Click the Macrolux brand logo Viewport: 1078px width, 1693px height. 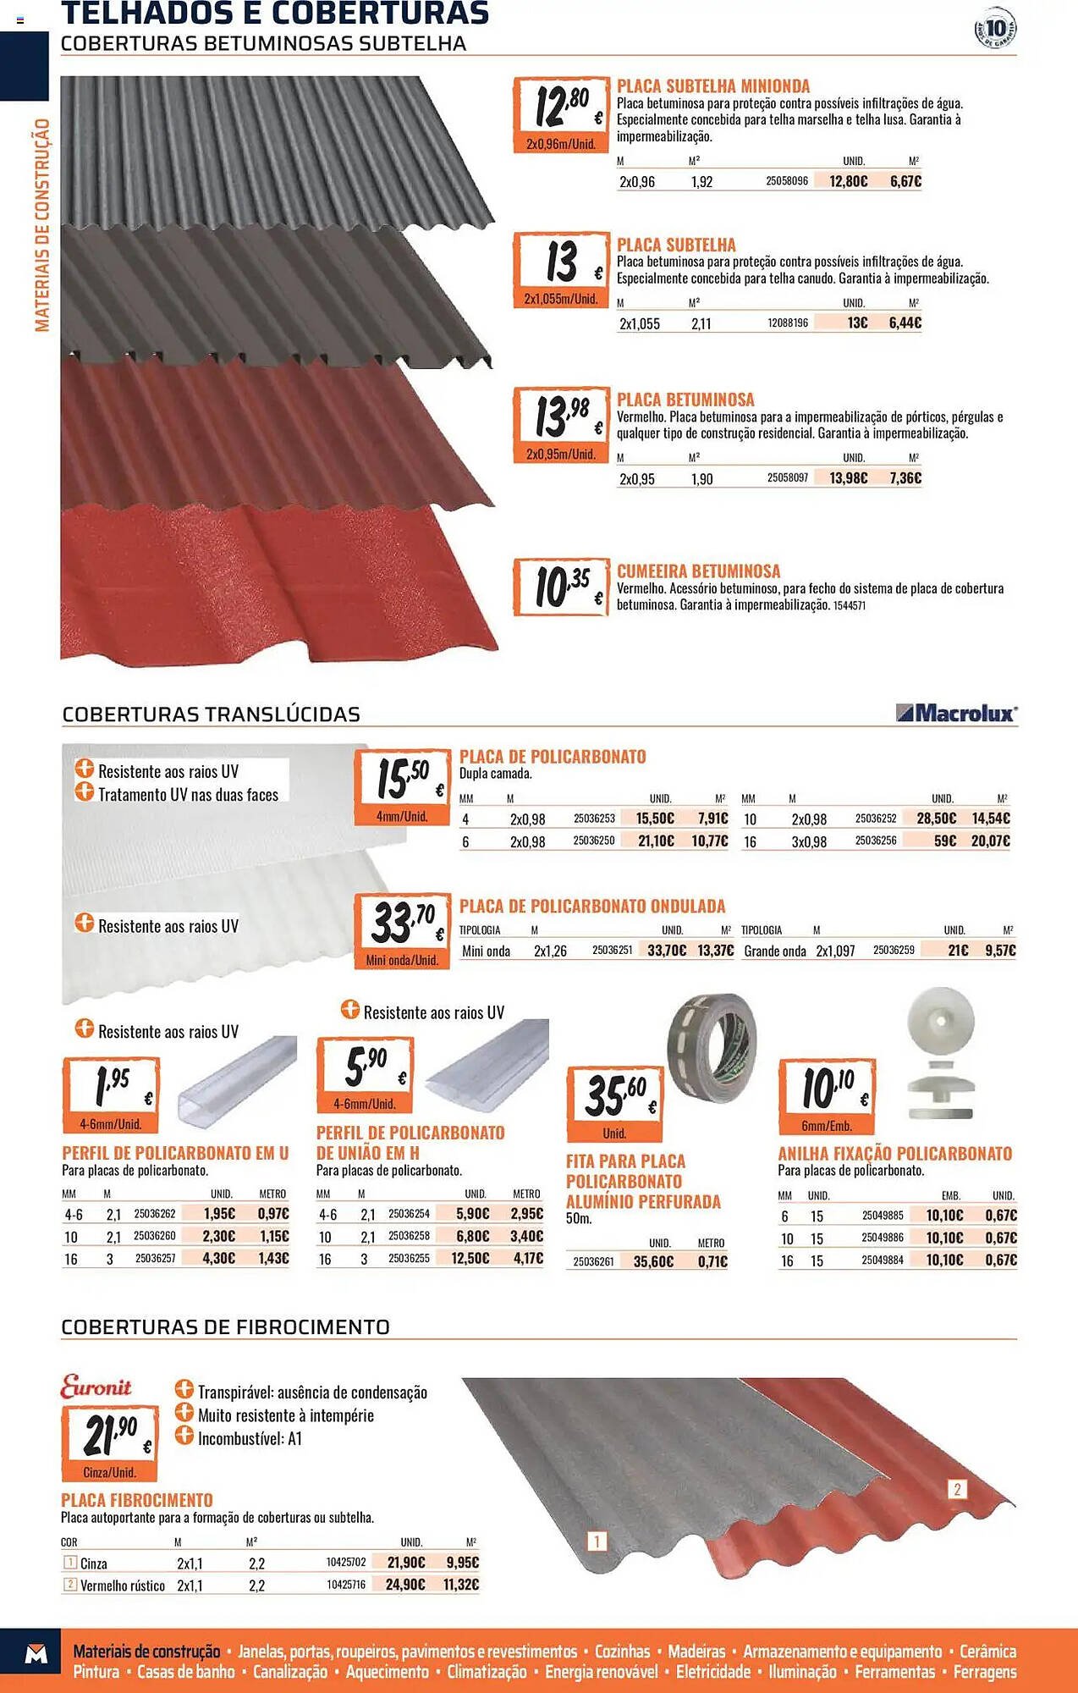[x=956, y=714]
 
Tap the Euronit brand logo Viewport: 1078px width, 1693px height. [x=96, y=1387]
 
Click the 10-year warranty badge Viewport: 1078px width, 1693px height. [x=995, y=29]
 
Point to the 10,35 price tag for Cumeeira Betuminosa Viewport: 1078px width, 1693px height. [x=561, y=586]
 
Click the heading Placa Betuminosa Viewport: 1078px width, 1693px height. [x=685, y=400]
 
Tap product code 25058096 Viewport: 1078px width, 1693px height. [x=787, y=181]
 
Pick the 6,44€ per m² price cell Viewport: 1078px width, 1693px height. [x=905, y=323]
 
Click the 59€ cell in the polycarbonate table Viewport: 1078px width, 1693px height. [x=944, y=841]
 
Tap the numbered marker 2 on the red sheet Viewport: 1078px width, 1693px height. [x=957, y=1489]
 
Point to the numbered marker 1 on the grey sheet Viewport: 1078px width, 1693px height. [x=597, y=1541]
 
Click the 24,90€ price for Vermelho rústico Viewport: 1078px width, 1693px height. [x=405, y=1584]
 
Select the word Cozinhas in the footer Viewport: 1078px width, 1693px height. [x=622, y=1651]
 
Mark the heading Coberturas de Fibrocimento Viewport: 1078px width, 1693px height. [x=225, y=1326]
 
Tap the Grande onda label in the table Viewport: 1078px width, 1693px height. [x=774, y=951]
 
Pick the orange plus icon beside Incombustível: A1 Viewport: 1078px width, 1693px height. [x=184, y=1436]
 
